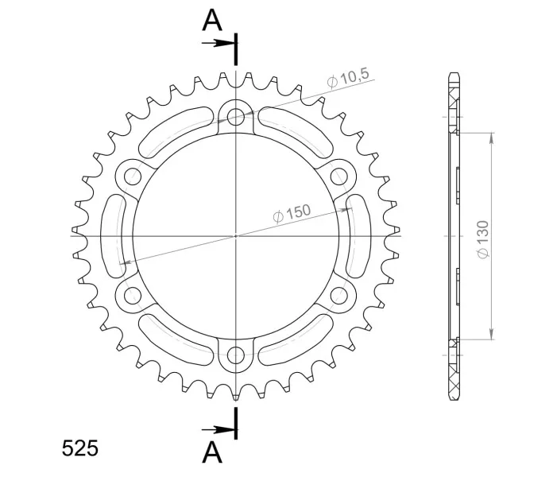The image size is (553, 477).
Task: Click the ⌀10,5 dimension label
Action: click(x=348, y=78)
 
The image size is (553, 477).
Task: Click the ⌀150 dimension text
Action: click(x=292, y=213)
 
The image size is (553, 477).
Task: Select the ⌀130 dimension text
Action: click(x=483, y=239)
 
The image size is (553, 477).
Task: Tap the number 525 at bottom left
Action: click(x=80, y=448)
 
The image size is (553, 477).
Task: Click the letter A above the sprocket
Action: click(x=212, y=21)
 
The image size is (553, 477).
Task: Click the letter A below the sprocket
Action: click(x=212, y=452)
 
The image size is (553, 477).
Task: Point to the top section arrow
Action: click(x=218, y=43)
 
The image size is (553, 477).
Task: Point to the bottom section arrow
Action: click(x=218, y=430)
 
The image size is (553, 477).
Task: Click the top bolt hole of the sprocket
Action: click(x=236, y=116)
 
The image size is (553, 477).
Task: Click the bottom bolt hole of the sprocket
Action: click(x=236, y=355)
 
